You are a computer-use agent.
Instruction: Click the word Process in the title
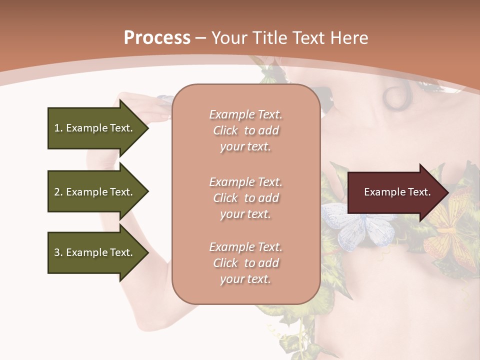pyautogui.click(x=157, y=38)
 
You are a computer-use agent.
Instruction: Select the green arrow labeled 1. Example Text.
pyautogui.click(x=95, y=128)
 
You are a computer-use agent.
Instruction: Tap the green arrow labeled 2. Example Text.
pyautogui.click(x=95, y=192)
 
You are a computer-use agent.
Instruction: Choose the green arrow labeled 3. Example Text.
pyautogui.click(x=95, y=252)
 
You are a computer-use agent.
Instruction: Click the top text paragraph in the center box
pyautogui.click(x=245, y=130)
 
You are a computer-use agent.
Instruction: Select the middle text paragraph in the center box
pyautogui.click(x=245, y=198)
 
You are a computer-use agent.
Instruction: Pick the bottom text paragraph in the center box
pyautogui.click(x=245, y=263)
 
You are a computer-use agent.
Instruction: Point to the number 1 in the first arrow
pyautogui.click(x=57, y=128)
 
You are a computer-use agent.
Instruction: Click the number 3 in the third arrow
pyautogui.click(x=57, y=252)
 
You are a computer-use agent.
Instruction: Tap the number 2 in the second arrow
pyautogui.click(x=57, y=192)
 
